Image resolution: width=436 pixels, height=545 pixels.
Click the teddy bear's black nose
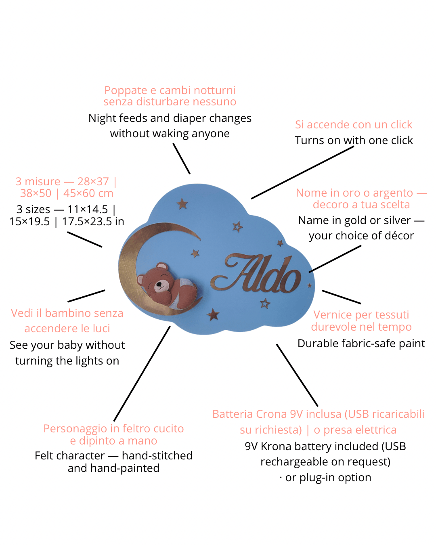(x=159, y=284)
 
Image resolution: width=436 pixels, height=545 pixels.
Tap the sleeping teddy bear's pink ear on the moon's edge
(x=140, y=280)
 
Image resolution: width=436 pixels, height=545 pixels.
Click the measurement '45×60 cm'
(x=88, y=193)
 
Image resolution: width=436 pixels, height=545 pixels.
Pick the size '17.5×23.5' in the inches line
(x=87, y=221)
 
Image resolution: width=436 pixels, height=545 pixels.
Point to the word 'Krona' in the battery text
(x=276, y=446)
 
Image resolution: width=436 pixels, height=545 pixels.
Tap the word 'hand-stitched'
(x=157, y=456)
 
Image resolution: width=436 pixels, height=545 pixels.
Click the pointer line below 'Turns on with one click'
(x=302, y=173)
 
